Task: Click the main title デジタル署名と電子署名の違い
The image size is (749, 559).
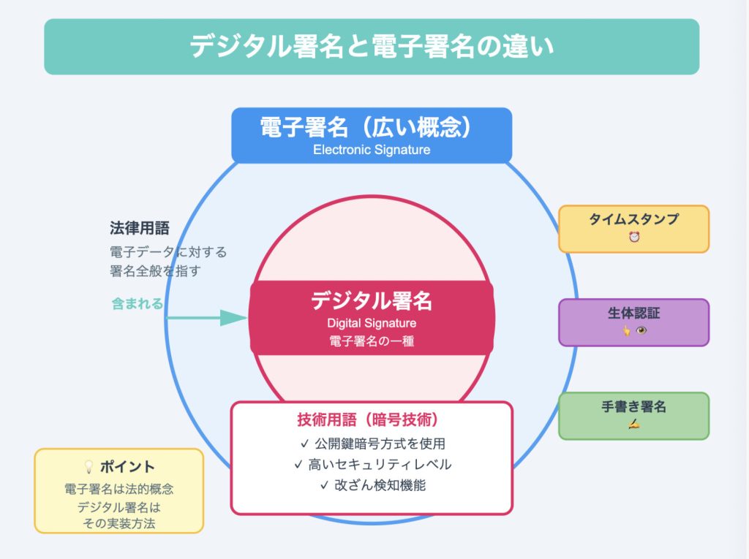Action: click(372, 47)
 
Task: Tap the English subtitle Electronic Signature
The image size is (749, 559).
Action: click(372, 150)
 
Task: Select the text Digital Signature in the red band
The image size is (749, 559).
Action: click(372, 323)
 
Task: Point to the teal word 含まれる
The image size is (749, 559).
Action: click(138, 303)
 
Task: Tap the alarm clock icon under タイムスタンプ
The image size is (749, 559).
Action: click(634, 237)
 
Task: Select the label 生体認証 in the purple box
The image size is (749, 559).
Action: click(634, 313)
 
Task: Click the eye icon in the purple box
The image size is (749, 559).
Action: click(641, 331)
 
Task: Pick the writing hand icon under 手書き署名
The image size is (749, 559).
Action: click(634, 425)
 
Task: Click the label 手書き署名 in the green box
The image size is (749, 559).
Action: click(634, 407)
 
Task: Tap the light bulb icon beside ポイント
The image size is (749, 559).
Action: click(89, 466)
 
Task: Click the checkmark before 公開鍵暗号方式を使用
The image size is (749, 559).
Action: click(305, 443)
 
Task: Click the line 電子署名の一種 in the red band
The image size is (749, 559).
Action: click(372, 341)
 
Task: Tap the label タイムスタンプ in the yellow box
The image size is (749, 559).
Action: click(634, 219)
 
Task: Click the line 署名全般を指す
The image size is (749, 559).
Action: click(155, 271)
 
